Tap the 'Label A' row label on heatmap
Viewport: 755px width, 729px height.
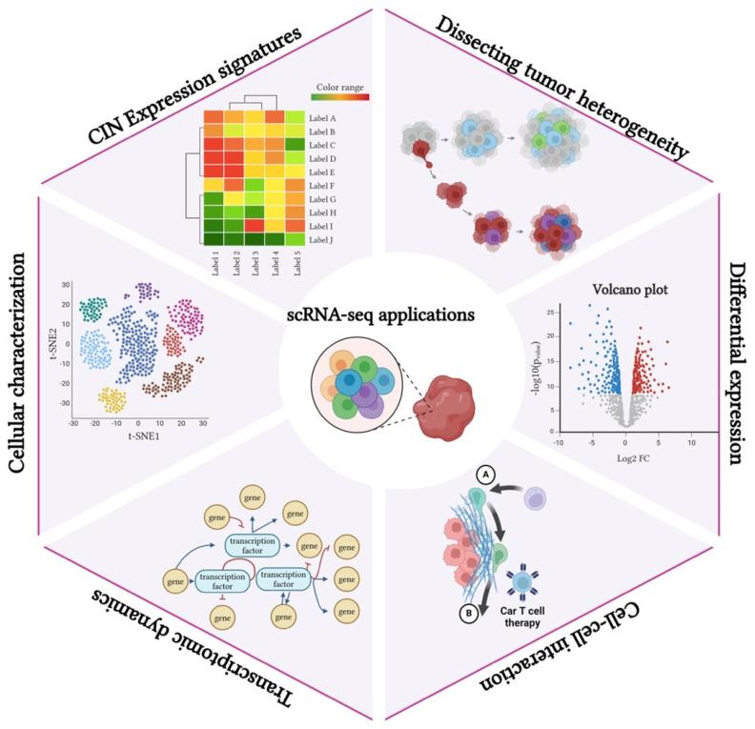pos(327,117)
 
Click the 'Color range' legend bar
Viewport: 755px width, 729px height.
pos(340,96)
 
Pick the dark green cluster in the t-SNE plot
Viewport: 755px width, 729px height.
pos(93,309)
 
